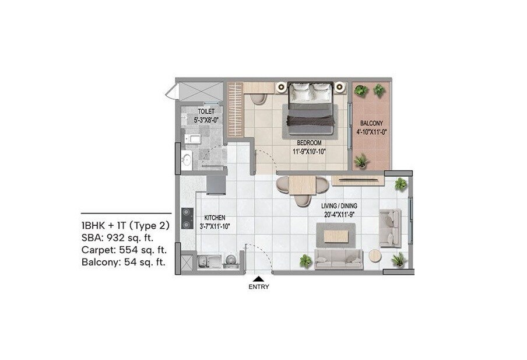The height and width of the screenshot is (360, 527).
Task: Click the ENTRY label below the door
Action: tap(259, 287)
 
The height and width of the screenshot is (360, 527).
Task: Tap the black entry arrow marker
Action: tap(259, 279)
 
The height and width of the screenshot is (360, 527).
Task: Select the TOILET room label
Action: tap(206, 111)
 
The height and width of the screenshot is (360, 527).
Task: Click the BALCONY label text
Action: tap(371, 124)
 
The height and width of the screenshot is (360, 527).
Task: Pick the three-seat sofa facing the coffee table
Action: tap(339, 258)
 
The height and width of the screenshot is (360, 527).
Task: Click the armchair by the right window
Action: tap(389, 228)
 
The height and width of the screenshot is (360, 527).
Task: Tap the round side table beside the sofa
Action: tap(374, 256)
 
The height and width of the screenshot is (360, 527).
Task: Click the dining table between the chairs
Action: tap(302, 185)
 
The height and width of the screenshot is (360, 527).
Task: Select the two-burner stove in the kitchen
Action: tap(187, 218)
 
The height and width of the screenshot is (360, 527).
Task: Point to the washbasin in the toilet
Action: tap(187, 159)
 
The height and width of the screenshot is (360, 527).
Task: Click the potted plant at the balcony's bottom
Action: tap(361, 160)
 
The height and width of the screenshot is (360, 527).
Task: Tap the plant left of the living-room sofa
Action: tap(305, 261)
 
